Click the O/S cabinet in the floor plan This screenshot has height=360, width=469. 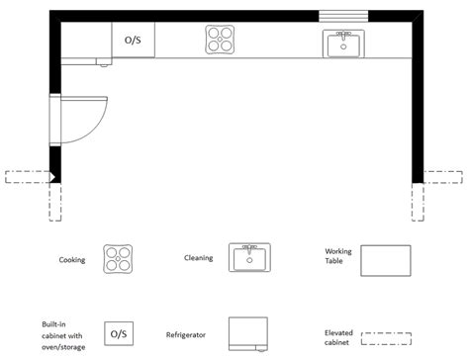coord(133,41)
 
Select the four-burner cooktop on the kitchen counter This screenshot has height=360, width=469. coord(221,41)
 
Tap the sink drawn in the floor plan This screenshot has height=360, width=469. coord(343,43)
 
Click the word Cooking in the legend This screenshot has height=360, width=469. coord(72,261)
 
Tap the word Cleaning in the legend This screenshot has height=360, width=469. coord(198,258)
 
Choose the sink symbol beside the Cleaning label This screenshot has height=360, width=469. coord(249,258)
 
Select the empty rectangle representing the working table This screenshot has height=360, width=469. coord(385,261)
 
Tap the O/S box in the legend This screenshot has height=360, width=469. coord(119,333)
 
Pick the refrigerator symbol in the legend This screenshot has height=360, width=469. coord(248,334)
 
